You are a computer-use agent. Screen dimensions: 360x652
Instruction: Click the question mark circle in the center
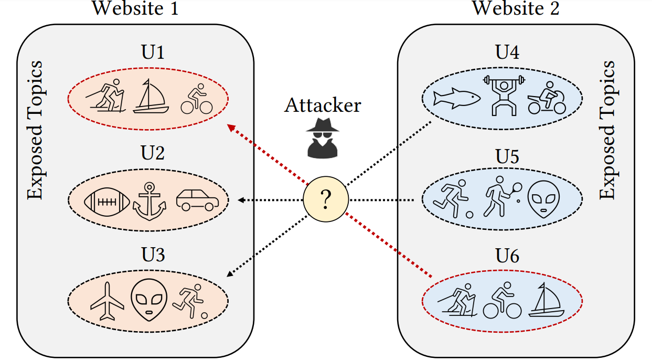tap(326, 200)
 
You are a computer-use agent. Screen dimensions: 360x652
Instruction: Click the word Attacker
tap(323, 105)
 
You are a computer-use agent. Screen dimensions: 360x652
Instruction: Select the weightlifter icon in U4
tap(503, 95)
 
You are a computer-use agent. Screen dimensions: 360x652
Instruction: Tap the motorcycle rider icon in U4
tap(547, 98)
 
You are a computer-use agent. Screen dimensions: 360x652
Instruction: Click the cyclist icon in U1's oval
tap(196, 99)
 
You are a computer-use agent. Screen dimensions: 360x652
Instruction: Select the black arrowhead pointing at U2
tap(241, 200)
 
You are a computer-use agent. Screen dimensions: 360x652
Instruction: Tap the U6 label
tap(507, 256)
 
